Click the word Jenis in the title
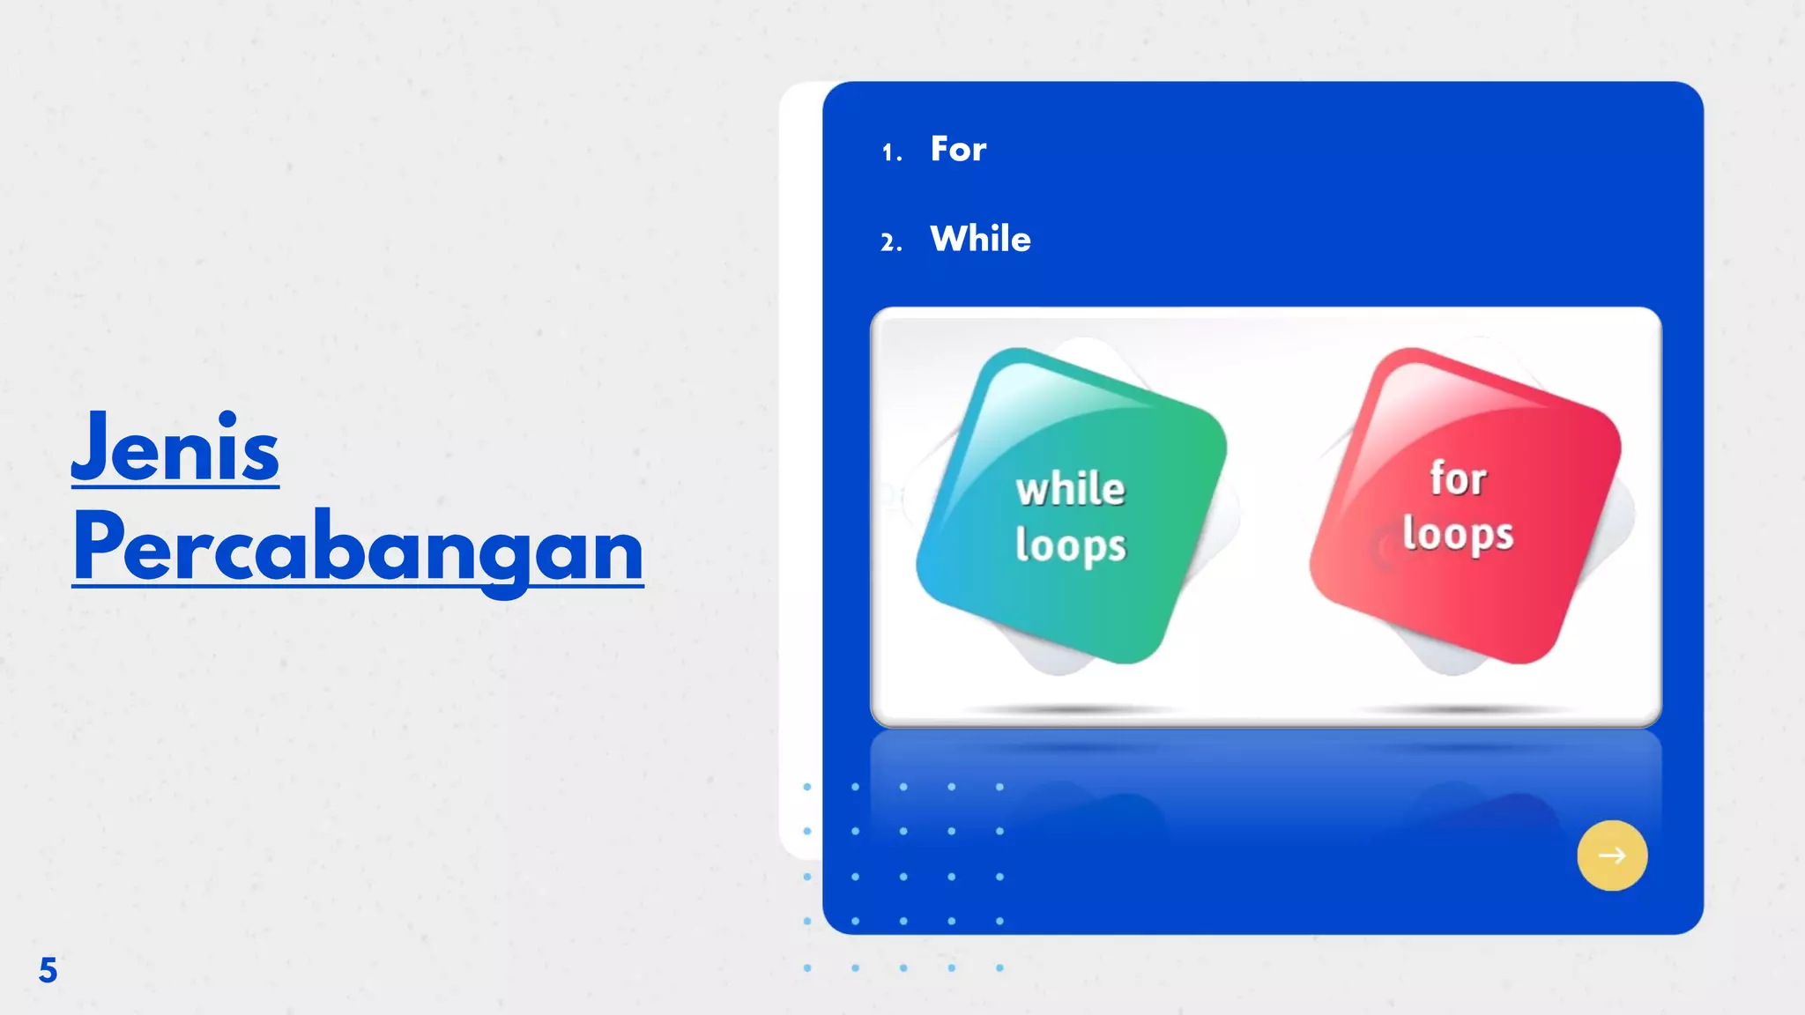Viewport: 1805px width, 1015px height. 175,448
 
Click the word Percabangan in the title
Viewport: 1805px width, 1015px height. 358,547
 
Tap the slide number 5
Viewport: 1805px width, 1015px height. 48,970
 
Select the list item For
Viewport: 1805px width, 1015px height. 958,149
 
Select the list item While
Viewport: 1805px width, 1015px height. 980,239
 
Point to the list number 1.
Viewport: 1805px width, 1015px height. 890,153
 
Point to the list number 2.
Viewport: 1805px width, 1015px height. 890,242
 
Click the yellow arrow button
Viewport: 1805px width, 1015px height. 1612,856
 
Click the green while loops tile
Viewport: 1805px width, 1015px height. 1071,507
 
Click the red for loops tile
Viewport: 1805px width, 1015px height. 1464,507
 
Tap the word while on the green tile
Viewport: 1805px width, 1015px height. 1071,489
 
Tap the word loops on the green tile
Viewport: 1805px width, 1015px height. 1071,545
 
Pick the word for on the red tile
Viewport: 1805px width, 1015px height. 1458,479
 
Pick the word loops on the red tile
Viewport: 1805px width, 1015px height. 1458,535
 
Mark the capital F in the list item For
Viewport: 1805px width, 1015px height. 940,149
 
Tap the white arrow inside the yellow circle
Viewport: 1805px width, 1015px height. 1612,856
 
